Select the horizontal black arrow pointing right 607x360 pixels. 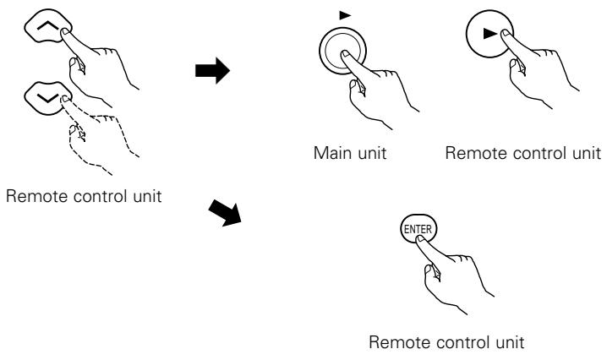[x=212, y=71]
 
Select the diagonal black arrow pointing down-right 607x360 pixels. [x=226, y=212]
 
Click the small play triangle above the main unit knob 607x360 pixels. [x=345, y=15]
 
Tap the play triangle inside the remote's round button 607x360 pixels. [x=490, y=34]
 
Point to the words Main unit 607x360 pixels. [x=350, y=153]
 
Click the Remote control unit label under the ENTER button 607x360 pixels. [x=446, y=342]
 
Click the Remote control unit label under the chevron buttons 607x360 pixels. [x=84, y=196]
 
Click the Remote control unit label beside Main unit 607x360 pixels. [x=523, y=153]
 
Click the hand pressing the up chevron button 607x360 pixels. [x=96, y=66]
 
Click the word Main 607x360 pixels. [x=327, y=153]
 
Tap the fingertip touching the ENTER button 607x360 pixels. [x=420, y=238]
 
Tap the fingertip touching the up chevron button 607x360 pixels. [x=65, y=32]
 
